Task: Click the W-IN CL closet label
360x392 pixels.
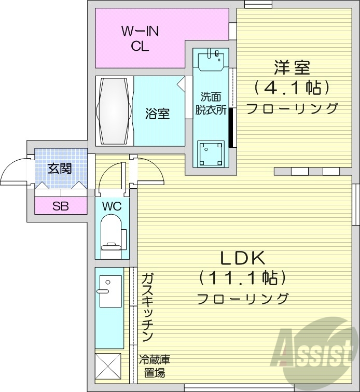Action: [140, 38]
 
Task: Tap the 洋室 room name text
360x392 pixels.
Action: [292, 68]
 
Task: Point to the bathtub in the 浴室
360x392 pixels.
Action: [114, 111]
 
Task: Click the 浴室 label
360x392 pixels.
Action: [157, 113]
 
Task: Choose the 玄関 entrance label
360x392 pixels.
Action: [59, 168]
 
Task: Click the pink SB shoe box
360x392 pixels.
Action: [60, 206]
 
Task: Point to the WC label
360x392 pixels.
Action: [112, 206]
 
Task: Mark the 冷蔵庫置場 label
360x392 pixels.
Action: [155, 366]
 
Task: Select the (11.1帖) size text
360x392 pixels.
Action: [242, 278]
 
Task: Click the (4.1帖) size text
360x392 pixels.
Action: [292, 88]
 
